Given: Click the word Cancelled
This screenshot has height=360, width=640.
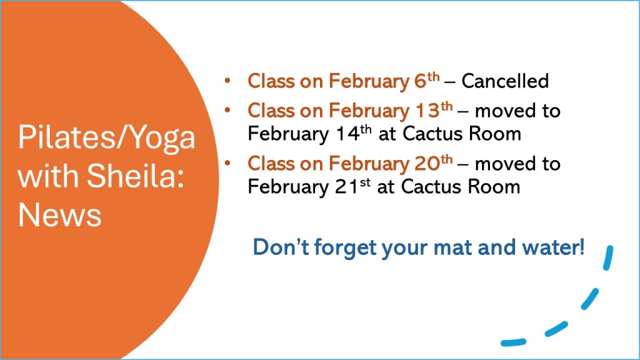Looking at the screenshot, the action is click(505, 81).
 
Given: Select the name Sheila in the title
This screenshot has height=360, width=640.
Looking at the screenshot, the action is click(136, 176).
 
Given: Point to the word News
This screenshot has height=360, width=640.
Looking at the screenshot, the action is click(59, 215).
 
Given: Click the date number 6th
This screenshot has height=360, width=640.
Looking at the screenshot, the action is click(427, 80).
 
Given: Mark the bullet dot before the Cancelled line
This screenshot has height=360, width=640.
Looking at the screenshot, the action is click(227, 81).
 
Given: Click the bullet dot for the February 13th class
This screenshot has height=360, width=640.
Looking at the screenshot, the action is click(227, 110).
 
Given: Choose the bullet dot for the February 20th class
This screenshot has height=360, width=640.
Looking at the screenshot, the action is click(227, 163).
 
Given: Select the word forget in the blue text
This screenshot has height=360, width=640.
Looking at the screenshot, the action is click(345, 248).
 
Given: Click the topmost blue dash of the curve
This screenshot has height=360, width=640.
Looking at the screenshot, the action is click(609, 257).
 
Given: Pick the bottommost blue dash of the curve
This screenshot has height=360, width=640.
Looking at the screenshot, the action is click(514, 342).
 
